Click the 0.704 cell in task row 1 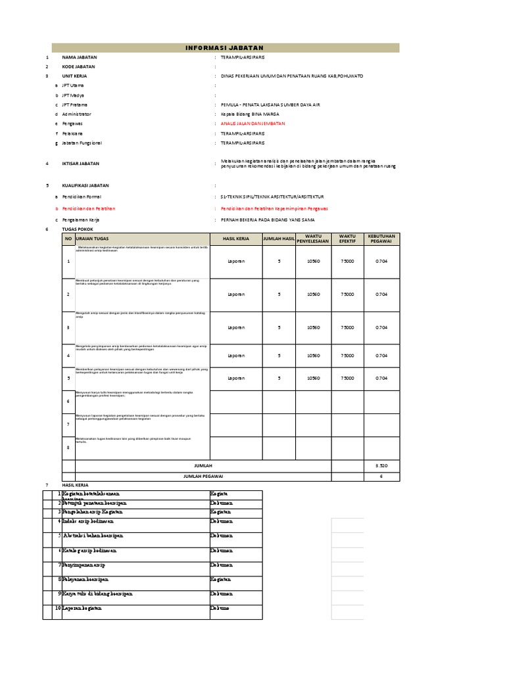coord(381,261)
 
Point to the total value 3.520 coord(381,465)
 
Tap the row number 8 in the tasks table coord(68,448)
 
